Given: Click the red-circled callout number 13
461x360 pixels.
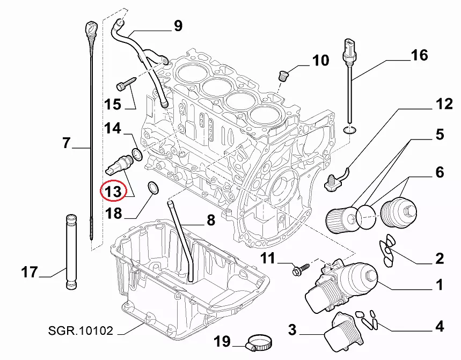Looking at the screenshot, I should pyautogui.click(x=113, y=190).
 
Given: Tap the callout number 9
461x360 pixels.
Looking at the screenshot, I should pyautogui.click(x=177, y=25).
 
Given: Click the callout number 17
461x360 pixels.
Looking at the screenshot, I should pyautogui.click(x=30, y=272).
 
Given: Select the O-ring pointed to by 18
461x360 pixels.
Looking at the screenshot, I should pyautogui.click(x=153, y=188).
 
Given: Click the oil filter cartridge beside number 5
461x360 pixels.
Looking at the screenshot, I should pyautogui.click(x=340, y=218).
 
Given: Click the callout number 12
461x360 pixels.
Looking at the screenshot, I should pyautogui.click(x=444, y=104).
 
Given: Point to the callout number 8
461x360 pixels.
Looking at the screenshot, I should pyautogui.click(x=210, y=219).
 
